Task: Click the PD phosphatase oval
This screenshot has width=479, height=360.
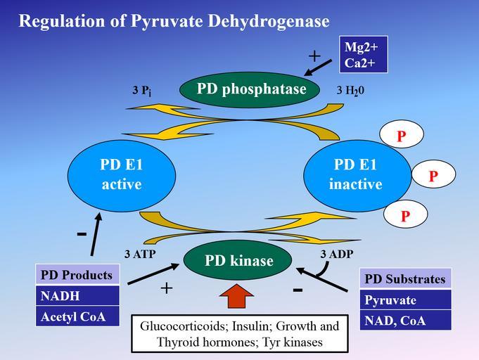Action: (x=251, y=90)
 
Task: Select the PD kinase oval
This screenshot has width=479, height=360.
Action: (x=238, y=261)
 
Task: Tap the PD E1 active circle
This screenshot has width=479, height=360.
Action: (x=121, y=174)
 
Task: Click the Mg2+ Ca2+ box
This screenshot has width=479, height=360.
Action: (x=364, y=55)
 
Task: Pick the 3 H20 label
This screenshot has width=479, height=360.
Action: (x=350, y=91)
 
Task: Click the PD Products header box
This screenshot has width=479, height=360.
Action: (x=77, y=275)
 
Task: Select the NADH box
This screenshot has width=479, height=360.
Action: (x=77, y=296)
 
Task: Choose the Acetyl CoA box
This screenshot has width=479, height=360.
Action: (x=77, y=316)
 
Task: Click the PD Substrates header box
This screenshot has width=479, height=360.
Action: (x=405, y=279)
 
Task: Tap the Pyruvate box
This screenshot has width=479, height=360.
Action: (x=405, y=300)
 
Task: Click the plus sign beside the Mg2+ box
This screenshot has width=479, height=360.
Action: (x=314, y=56)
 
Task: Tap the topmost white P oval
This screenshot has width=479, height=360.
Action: (x=401, y=136)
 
